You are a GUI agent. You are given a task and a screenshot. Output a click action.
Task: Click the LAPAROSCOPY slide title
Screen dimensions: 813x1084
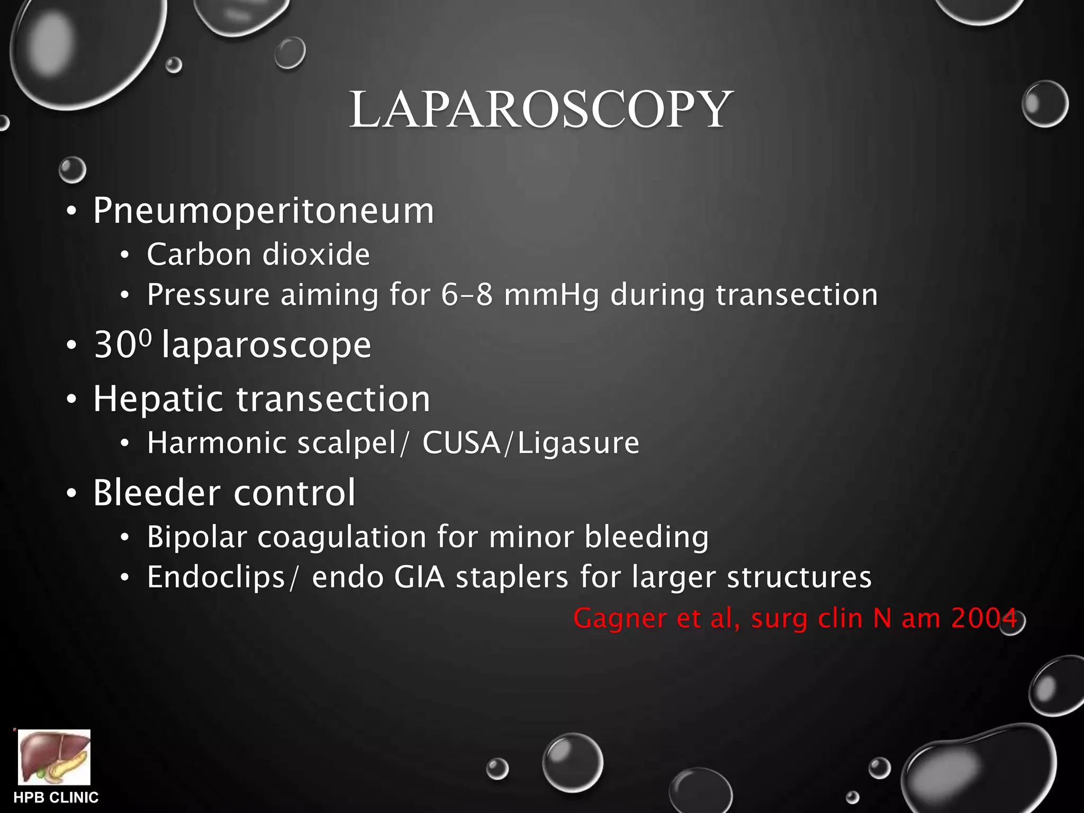(541, 110)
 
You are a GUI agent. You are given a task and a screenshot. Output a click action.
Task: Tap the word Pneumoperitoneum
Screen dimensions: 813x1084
(264, 211)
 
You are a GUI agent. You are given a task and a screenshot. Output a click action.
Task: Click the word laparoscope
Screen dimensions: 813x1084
(267, 346)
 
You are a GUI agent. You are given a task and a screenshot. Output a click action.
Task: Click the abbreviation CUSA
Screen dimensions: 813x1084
(461, 442)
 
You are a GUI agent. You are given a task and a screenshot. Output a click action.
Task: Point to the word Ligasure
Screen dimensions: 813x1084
(578, 444)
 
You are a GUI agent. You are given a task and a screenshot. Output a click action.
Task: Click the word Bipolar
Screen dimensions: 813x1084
(196, 537)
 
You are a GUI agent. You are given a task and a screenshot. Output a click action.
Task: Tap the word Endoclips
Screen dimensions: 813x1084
(216, 577)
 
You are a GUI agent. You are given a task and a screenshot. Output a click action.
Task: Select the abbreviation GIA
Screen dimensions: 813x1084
(419, 577)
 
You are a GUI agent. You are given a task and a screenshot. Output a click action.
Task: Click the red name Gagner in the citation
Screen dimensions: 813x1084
(620, 619)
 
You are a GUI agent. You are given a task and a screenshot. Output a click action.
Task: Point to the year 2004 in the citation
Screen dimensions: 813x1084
(983, 618)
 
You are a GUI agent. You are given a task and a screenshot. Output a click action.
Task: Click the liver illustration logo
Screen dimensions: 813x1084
(54, 757)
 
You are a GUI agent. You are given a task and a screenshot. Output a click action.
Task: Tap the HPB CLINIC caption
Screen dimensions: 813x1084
(56, 798)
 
